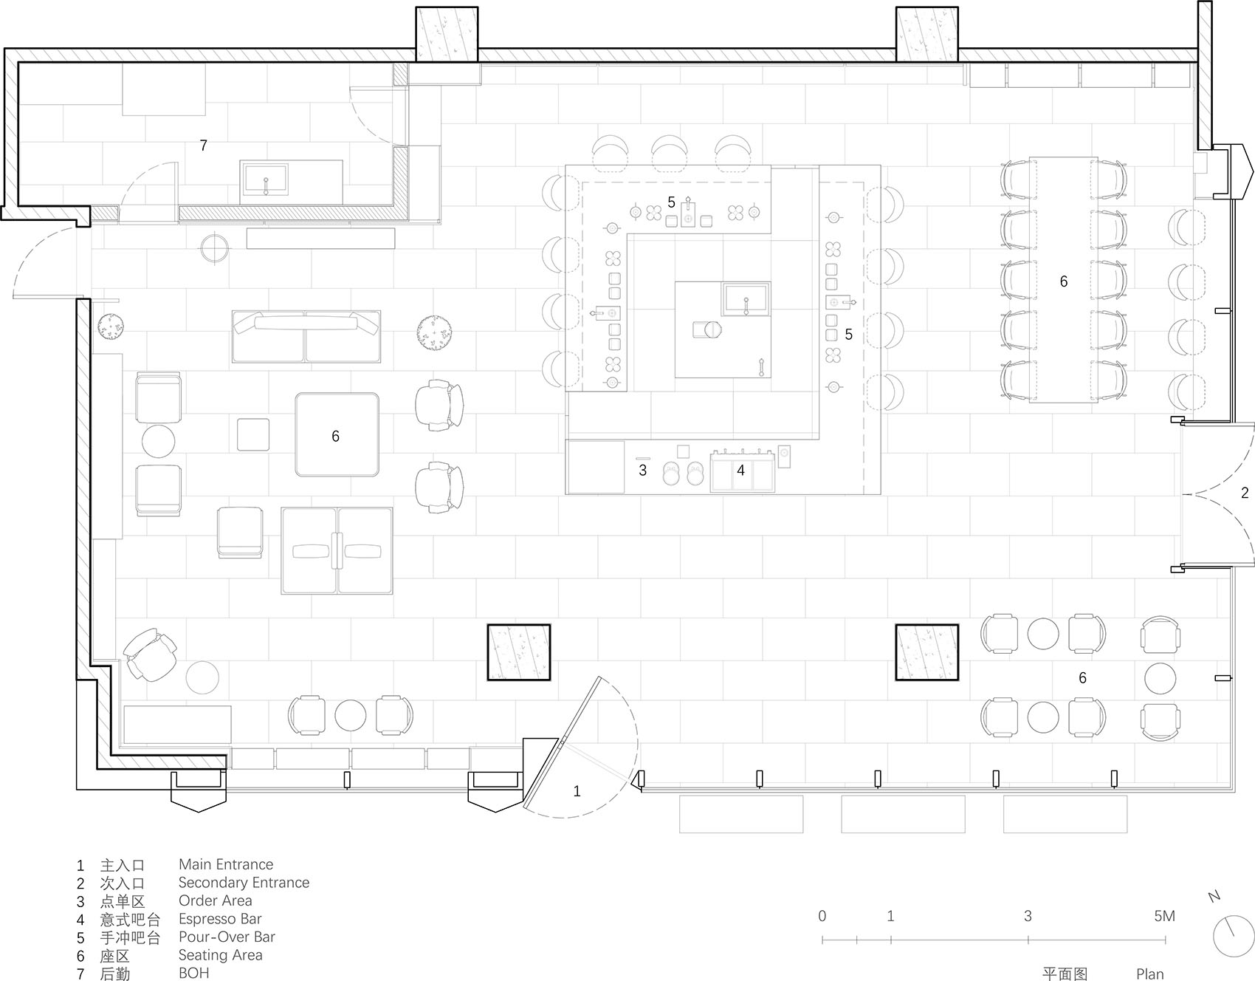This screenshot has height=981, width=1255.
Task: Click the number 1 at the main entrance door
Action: pyautogui.click(x=577, y=791)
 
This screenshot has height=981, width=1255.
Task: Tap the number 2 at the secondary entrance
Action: pyautogui.click(x=1245, y=493)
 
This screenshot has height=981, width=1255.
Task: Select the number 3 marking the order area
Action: pyautogui.click(x=642, y=470)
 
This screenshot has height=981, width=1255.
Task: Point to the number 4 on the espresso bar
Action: pyautogui.click(x=740, y=470)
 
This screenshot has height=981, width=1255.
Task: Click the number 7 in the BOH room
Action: pyautogui.click(x=204, y=146)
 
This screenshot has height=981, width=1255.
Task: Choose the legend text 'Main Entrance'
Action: pyautogui.click(x=226, y=864)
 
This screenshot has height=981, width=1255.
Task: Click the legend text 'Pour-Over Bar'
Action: pyautogui.click(x=227, y=937)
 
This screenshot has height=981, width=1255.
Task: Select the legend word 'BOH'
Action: pyautogui.click(x=194, y=973)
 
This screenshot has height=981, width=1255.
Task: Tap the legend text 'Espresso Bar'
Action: pyautogui.click(x=220, y=919)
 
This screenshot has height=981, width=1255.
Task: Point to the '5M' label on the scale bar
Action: pyautogui.click(x=1164, y=916)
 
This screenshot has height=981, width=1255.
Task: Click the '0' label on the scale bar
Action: pyautogui.click(x=822, y=916)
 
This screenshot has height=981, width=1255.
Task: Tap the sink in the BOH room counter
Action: pyautogui.click(x=264, y=180)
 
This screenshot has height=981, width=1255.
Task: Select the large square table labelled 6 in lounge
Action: pyautogui.click(x=337, y=434)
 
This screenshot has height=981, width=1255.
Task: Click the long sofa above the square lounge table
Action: pyautogui.click(x=306, y=336)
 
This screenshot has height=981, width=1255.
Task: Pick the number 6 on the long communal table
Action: pyautogui.click(x=1063, y=281)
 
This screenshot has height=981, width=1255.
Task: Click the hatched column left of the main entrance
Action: pyautogui.click(x=518, y=652)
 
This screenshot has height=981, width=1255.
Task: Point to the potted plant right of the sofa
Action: pyautogui.click(x=433, y=333)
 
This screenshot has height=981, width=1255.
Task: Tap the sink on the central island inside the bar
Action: pyautogui.click(x=746, y=299)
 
